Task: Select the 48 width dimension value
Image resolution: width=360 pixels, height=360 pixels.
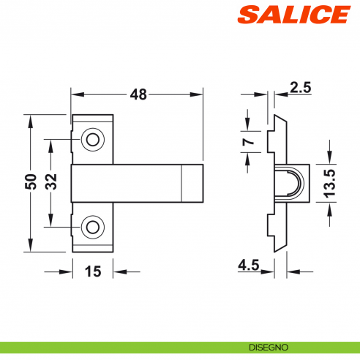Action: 138,94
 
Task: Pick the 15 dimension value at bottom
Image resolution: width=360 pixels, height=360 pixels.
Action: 92,271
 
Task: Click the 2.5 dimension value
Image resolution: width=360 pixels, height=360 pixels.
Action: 300,89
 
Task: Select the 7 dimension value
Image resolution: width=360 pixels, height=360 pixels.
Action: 248,140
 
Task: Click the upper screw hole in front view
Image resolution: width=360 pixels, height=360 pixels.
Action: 92,139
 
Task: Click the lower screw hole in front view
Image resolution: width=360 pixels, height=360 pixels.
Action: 92,227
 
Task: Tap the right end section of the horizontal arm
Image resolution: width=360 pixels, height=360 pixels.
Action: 191,183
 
